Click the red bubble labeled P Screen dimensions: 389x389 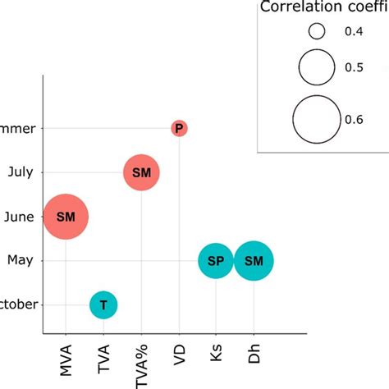179,128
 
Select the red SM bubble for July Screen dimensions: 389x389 141,172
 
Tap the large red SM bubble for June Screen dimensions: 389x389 65,217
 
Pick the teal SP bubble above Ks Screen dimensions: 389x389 216,262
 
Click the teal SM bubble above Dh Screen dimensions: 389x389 254,262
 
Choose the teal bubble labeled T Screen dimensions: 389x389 103,305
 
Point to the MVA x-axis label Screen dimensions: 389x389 65,358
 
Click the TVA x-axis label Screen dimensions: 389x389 103,356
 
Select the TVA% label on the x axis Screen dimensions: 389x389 141,361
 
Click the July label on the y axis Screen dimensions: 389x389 18,172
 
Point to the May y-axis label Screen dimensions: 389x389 20,261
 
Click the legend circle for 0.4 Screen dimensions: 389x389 318,32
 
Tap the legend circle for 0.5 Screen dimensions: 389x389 318,67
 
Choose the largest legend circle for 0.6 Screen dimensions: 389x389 318,119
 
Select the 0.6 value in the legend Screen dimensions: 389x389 355,119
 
